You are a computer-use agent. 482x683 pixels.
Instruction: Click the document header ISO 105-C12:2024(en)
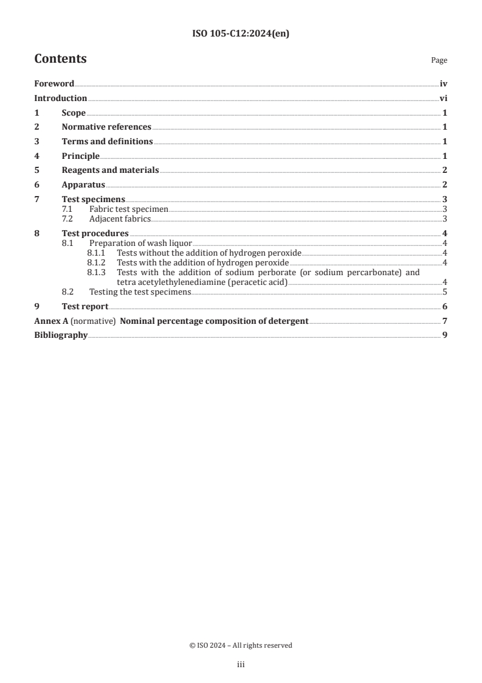[x=241, y=34]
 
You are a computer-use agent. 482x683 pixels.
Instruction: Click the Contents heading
[x=60, y=59]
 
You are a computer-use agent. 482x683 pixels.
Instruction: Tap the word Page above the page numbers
[x=439, y=60]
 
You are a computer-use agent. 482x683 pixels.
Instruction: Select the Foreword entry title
[x=54, y=84]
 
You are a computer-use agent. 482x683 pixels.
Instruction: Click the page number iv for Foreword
[x=444, y=84]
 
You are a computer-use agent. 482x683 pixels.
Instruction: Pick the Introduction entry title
[x=61, y=99]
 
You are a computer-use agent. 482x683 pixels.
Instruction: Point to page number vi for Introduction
[x=444, y=99]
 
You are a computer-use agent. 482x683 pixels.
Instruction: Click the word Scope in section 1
[x=74, y=113]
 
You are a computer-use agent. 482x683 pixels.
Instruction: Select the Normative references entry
[x=106, y=127]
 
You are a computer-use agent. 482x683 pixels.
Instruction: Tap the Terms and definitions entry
[x=107, y=142]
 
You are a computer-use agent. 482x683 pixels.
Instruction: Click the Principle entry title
[x=80, y=156]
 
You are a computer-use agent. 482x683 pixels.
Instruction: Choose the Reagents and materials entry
[x=110, y=170]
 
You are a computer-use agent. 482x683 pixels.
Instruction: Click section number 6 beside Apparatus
[x=36, y=185]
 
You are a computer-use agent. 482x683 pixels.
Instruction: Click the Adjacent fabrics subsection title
[x=120, y=219]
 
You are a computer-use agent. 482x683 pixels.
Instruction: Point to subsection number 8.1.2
[x=96, y=262]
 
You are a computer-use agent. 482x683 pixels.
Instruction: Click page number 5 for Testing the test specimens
[x=446, y=292]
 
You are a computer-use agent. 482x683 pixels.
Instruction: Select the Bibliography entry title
[x=61, y=335]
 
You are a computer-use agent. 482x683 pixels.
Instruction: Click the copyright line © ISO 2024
[x=241, y=645]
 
